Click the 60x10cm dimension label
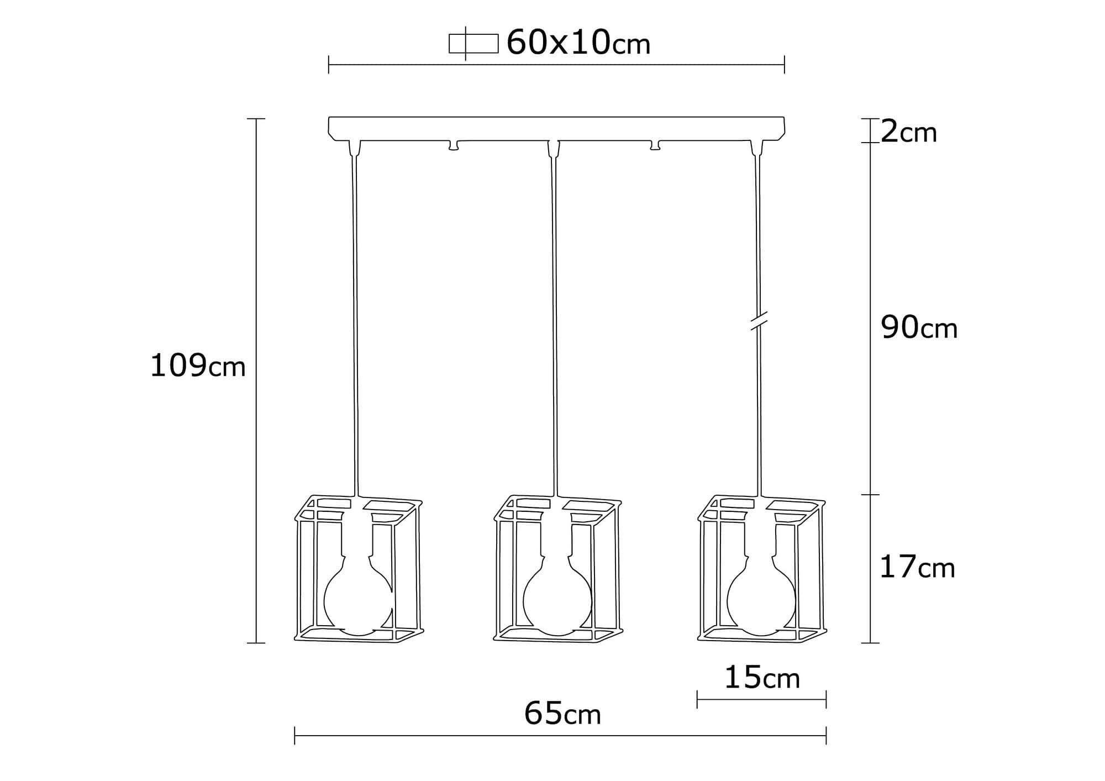point(578,43)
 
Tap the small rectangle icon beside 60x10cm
point(473,44)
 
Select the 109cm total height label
point(197,366)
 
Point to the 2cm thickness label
point(908,133)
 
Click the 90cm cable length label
point(919,328)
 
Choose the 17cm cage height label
point(917,568)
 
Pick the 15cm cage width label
point(762,678)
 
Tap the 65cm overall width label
point(562,714)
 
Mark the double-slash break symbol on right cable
point(759,322)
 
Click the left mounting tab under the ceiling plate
point(454,145)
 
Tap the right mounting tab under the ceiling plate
point(655,145)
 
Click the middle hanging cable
point(555,321)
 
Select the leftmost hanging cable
point(354,321)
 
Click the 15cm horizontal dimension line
point(761,699)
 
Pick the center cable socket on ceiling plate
point(554,148)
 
